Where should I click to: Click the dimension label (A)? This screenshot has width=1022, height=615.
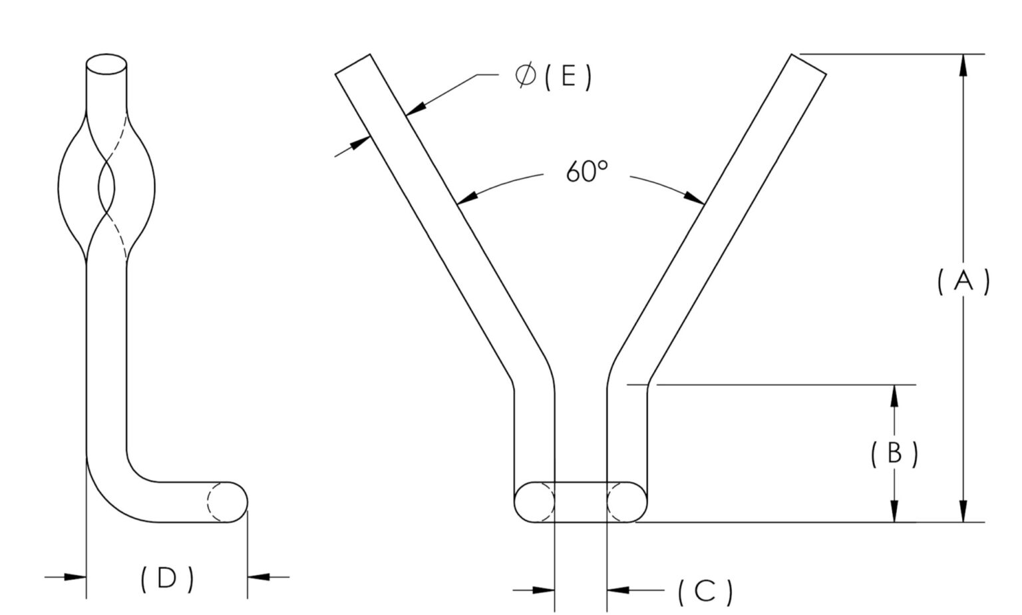963,282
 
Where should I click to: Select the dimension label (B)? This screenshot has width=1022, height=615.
894,453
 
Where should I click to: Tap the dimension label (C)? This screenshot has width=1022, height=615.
705,592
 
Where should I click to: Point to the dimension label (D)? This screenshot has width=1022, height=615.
168,579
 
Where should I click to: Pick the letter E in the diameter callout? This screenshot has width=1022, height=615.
568,77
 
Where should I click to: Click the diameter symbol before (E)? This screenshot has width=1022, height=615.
525,76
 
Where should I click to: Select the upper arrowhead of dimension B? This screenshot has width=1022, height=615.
894,395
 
